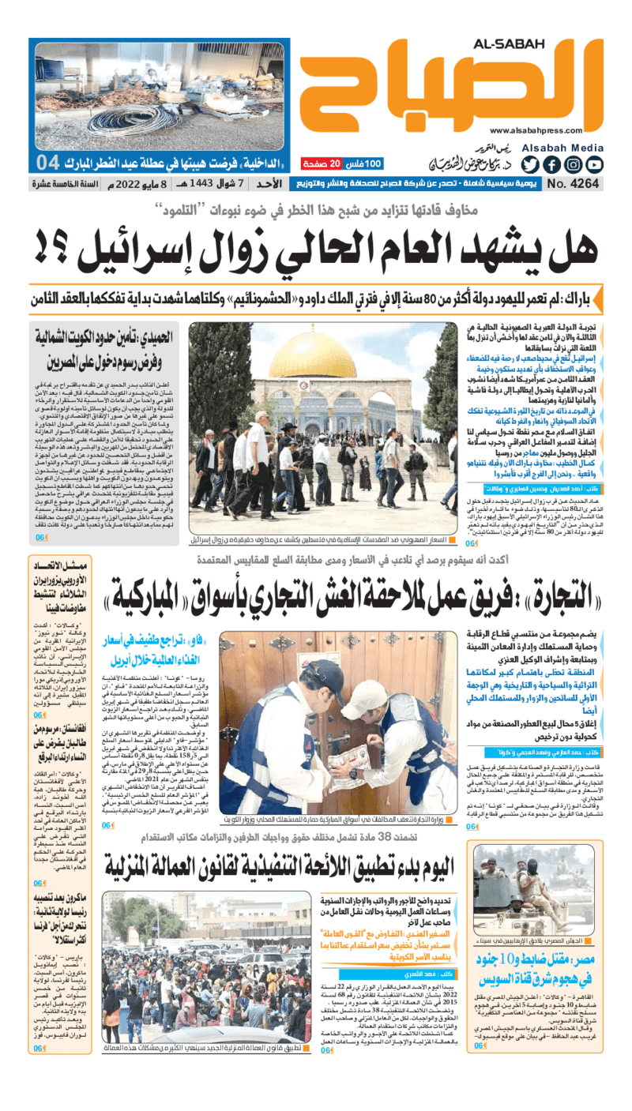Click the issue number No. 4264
pos(573,185)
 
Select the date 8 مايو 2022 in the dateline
pos(152,185)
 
